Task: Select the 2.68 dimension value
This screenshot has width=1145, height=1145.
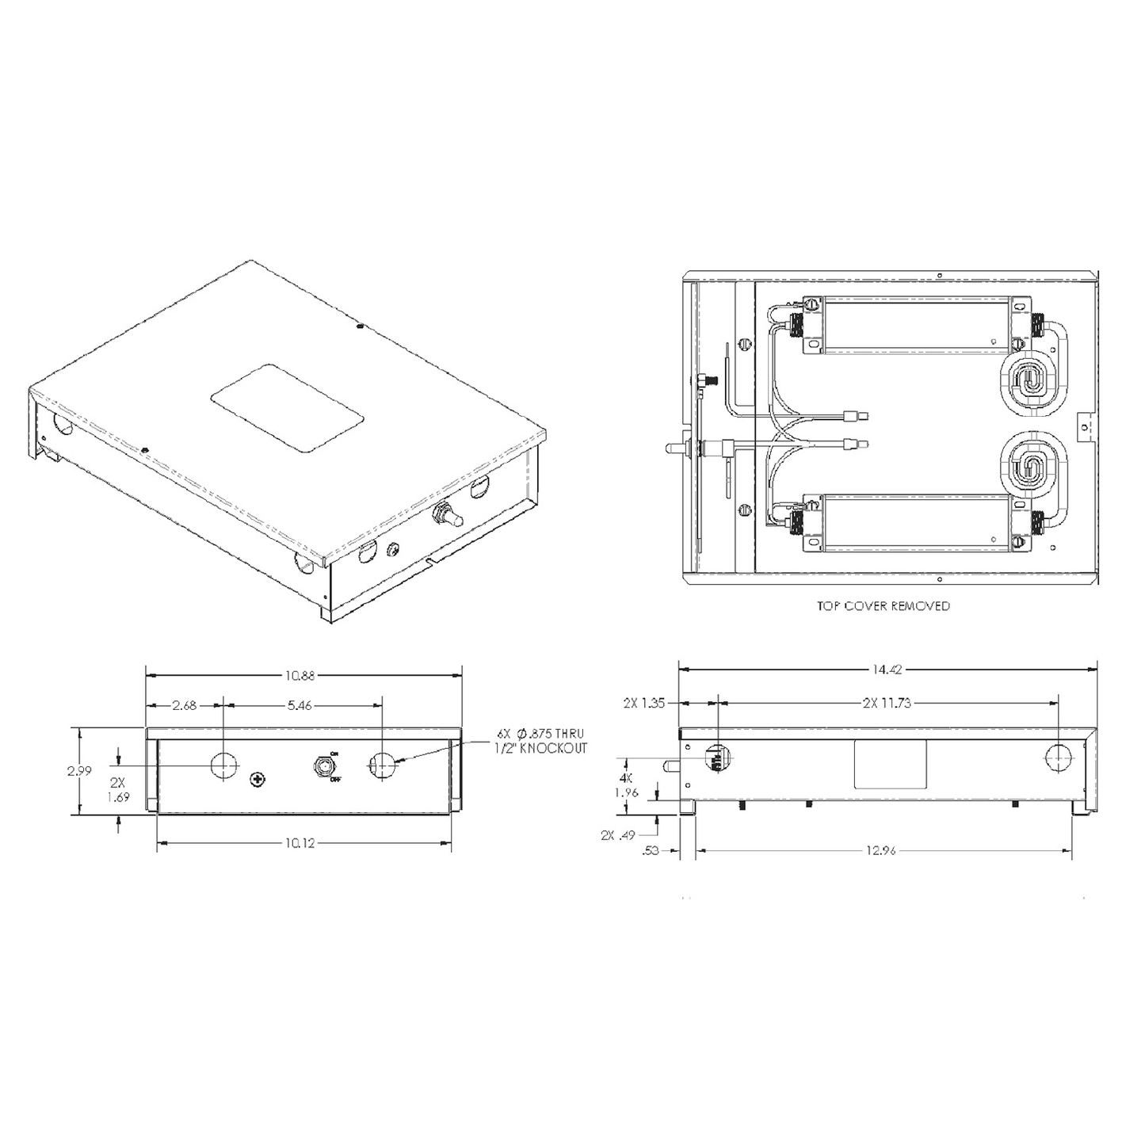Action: pos(184,705)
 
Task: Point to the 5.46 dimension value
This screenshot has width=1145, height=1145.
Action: pos(300,705)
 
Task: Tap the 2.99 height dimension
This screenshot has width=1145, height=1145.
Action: pos(78,770)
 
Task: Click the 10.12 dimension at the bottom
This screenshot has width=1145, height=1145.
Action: pos(300,843)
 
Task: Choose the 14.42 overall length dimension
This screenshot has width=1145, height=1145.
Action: pos(887,670)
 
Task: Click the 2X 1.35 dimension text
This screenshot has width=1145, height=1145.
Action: pos(643,703)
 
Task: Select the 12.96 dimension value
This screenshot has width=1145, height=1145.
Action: pos(881,850)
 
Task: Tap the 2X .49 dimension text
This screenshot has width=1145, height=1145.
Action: pos(619,834)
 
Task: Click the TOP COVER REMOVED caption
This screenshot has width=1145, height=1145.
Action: pos(884,606)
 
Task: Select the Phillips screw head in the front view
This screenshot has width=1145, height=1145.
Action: pos(257,781)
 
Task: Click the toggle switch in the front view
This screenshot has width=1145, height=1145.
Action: pos(323,766)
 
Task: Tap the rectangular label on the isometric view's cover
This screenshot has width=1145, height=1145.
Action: pos(287,408)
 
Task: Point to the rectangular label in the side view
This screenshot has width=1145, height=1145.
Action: pos(890,764)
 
